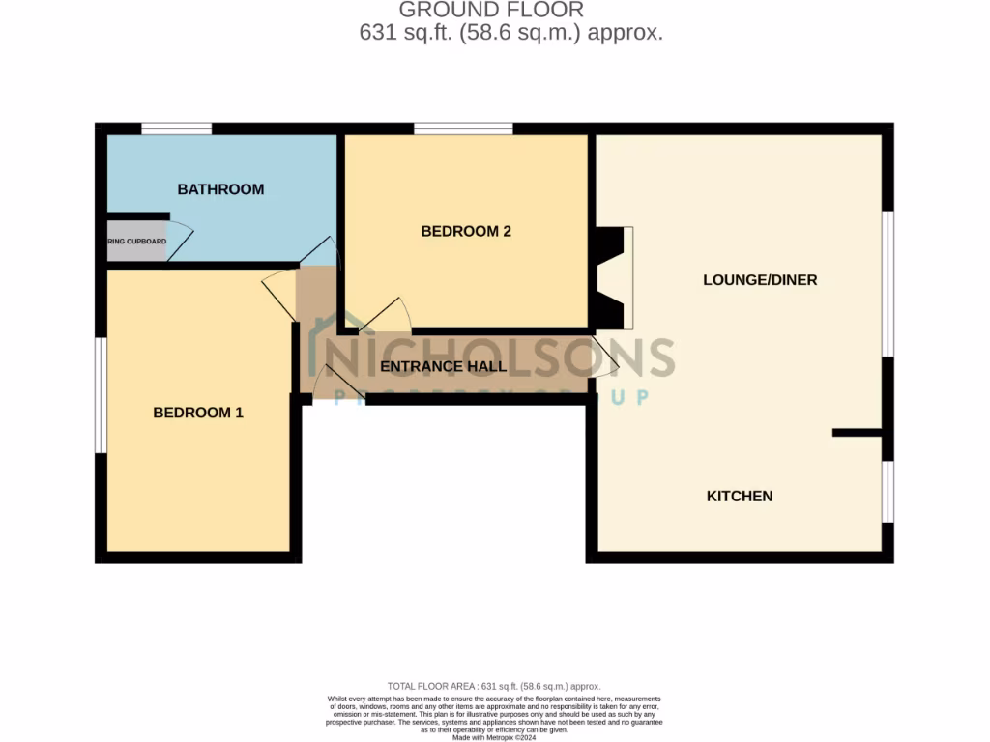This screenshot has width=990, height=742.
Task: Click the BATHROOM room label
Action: pyautogui.click(x=220, y=189)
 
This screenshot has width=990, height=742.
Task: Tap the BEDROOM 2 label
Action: pyautogui.click(x=465, y=231)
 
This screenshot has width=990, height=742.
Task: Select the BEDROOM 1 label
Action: pyautogui.click(x=198, y=413)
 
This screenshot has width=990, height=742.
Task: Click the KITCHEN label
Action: pyautogui.click(x=740, y=496)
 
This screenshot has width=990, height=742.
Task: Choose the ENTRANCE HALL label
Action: pyautogui.click(x=443, y=367)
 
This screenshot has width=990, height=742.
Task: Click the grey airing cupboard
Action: pyautogui.click(x=136, y=242)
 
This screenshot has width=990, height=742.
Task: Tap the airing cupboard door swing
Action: pyautogui.click(x=181, y=242)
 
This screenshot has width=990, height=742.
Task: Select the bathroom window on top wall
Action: pyautogui.click(x=177, y=128)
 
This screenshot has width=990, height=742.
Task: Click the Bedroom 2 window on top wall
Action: pyautogui.click(x=463, y=128)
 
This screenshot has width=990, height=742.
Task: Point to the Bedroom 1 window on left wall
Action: pyautogui.click(x=100, y=394)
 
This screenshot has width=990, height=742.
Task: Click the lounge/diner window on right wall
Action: pyautogui.click(x=888, y=283)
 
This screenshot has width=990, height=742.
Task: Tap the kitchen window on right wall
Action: pyautogui.click(x=888, y=492)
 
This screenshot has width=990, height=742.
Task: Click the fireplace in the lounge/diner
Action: pyautogui.click(x=613, y=278)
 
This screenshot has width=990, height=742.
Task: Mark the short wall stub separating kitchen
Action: pyautogui.click(x=857, y=433)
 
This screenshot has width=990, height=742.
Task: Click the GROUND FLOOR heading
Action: pyautogui.click(x=491, y=11)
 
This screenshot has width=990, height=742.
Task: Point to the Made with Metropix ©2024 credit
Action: pyautogui.click(x=494, y=737)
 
